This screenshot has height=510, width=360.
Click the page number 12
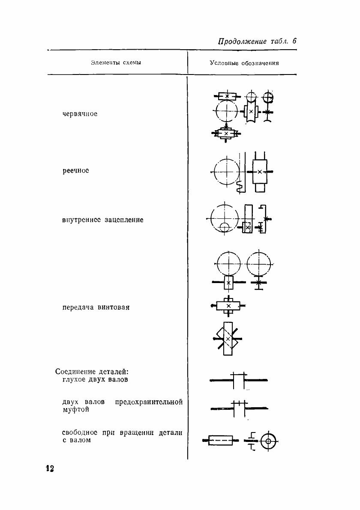pyautogui.click(x=50, y=468)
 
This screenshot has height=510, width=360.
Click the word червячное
pyautogui.click(x=80, y=114)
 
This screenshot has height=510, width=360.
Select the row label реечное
pyautogui.click(x=76, y=170)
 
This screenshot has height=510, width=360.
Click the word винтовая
pyautogui.click(x=113, y=307)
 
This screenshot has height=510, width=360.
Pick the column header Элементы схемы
pyautogui.click(x=116, y=63)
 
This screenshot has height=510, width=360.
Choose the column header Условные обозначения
pyautogui.click(x=244, y=63)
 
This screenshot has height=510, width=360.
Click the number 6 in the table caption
pyautogui.click(x=294, y=42)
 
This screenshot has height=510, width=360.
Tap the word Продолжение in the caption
pyautogui.click(x=242, y=42)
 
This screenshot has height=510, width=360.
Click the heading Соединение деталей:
pyautogui.click(x=92, y=372)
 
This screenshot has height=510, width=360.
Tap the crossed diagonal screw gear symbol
pyautogui.click(x=228, y=339)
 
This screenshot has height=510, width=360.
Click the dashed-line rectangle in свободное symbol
pyautogui.click(x=220, y=440)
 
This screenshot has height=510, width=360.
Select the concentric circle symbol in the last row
pyautogui.click(x=269, y=440)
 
